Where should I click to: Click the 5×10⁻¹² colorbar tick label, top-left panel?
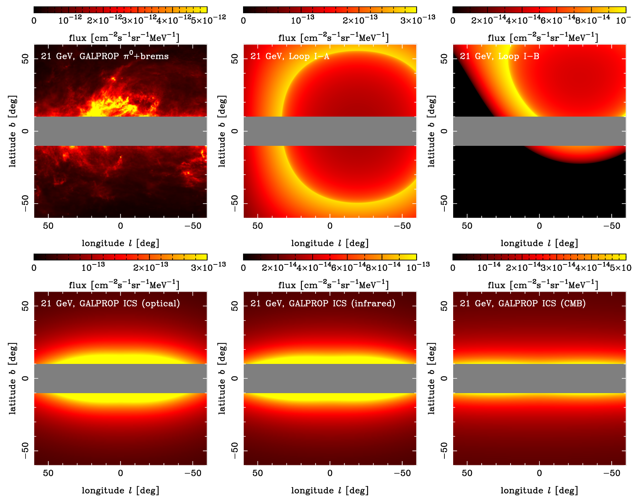coord(208,20)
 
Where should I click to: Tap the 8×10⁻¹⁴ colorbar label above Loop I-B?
coord(592,20)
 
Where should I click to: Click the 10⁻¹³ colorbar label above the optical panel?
coord(93,267)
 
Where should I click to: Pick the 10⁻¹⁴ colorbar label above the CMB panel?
coord(489,267)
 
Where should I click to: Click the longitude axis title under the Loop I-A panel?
coord(330,243)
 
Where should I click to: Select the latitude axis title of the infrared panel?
coord(222,378)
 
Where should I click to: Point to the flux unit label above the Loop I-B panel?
coord(543,38)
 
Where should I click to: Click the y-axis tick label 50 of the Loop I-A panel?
coord(235,59)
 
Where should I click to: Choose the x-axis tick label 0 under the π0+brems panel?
coord(120,226)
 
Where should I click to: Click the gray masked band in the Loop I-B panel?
coord(539,131)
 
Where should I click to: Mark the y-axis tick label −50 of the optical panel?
coord(26,450)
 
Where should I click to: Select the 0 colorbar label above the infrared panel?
coord(243,268)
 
